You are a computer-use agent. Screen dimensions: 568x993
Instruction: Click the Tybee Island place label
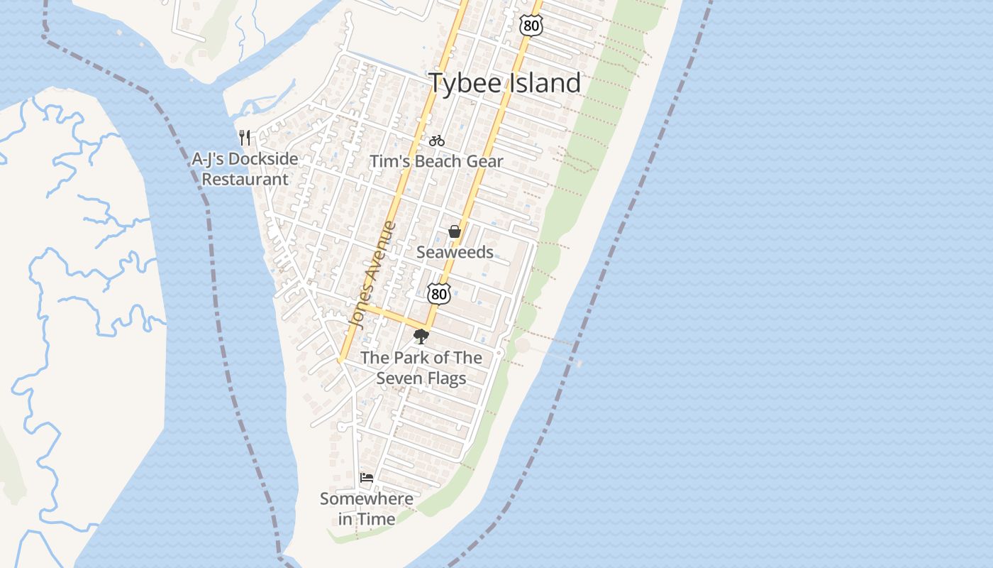504,83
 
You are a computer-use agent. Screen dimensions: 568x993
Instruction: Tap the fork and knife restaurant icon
245,137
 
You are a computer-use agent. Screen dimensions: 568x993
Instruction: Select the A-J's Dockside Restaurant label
245,169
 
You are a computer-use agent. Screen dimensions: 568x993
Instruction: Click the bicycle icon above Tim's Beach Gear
437,141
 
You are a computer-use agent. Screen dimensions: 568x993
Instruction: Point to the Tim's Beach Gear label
436,161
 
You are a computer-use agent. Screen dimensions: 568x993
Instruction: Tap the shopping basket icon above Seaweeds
455,231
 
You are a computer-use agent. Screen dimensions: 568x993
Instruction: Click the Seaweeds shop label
455,252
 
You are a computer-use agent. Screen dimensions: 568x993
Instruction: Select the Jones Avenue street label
372,275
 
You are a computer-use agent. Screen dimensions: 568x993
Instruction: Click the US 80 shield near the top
531,26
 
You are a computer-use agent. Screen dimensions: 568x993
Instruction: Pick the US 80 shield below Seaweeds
439,293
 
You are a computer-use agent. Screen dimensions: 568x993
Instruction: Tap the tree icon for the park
421,337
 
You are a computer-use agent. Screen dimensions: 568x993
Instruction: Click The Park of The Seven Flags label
421,368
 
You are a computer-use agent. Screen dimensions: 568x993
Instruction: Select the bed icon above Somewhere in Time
367,478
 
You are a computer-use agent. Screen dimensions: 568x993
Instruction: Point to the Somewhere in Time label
367,509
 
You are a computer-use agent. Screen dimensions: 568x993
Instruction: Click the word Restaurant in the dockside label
245,180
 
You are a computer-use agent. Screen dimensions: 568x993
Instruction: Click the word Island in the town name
543,83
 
